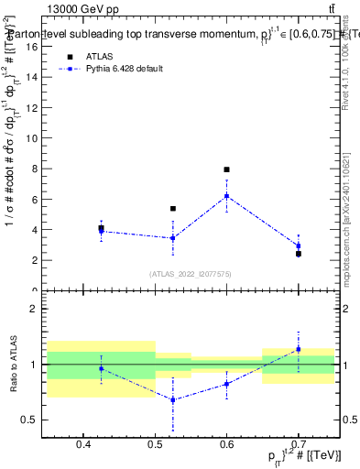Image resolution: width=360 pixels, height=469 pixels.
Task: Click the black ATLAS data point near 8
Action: [x=226, y=169]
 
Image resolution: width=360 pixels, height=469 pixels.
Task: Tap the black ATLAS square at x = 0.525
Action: [x=173, y=209]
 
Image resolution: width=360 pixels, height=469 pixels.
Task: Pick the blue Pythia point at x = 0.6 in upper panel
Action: [x=226, y=195]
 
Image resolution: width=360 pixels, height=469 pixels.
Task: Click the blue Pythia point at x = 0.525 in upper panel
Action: [x=173, y=238]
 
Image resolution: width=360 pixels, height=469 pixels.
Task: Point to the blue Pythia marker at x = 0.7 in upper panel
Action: [x=298, y=245]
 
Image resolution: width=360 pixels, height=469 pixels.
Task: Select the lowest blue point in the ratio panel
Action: [x=173, y=400]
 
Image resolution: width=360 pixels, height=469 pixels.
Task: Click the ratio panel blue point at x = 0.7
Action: [x=298, y=349]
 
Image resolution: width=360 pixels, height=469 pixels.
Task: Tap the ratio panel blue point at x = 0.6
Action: [x=226, y=384]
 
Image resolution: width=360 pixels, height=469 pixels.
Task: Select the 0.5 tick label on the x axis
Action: [x=155, y=445]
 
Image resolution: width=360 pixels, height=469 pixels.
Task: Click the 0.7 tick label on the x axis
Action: [x=298, y=445]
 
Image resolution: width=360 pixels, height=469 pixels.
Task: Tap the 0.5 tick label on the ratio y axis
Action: [x=29, y=420]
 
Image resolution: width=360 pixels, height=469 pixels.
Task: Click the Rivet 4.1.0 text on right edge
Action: [x=350, y=55]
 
